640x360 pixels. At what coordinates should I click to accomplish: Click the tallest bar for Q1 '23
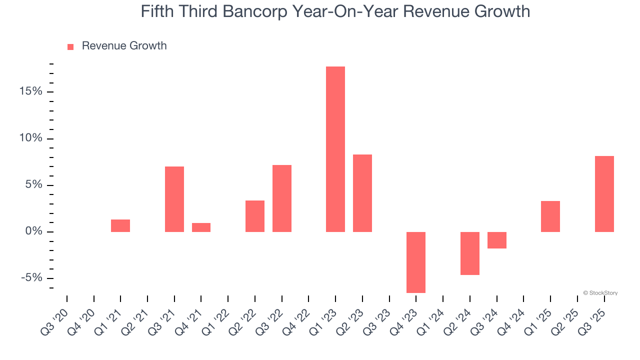(x=335, y=149)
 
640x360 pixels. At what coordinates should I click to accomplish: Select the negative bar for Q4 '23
(x=415, y=262)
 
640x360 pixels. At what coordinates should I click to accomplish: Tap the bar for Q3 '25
(x=604, y=194)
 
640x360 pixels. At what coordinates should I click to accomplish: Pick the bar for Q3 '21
(x=174, y=199)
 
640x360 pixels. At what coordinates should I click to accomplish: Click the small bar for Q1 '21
(x=120, y=225)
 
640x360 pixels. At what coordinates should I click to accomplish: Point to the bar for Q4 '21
(x=201, y=227)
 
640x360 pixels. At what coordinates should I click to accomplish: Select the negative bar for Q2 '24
(x=469, y=253)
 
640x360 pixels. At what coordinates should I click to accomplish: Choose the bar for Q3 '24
(x=496, y=240)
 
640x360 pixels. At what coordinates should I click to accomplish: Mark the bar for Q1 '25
(x=550, y=216)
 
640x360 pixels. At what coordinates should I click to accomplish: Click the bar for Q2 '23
(x=362, y=193)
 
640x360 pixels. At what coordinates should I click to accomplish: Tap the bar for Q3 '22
(x=281, y=198)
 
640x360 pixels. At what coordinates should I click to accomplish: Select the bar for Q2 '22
(x=254, y=216)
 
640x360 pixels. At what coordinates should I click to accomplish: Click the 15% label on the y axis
(x=31, y=92)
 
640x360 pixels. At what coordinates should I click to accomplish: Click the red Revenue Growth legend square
(x=70, y=46)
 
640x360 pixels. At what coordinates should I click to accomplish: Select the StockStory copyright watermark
(x=600, y=293)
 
